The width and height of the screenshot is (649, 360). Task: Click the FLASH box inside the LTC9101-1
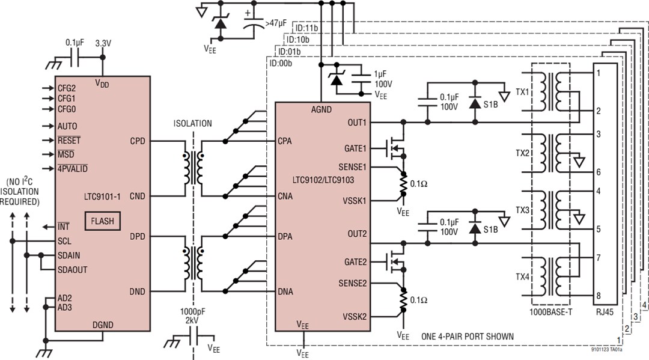pos(102,221)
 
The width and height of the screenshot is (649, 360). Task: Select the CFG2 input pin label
pos(67,88)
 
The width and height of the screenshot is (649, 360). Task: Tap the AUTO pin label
pos(68,126)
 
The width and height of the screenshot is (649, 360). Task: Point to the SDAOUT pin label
pos(73,270)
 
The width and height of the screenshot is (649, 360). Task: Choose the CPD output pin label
pos(138,142)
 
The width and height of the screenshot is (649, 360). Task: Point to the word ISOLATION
pos(192,124)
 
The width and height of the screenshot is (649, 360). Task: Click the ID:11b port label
pos(306,28)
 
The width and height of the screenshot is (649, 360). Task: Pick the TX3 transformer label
pos(522,211)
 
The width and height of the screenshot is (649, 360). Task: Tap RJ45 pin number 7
pos(599,258)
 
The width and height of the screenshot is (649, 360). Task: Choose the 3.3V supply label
pos(104,44)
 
